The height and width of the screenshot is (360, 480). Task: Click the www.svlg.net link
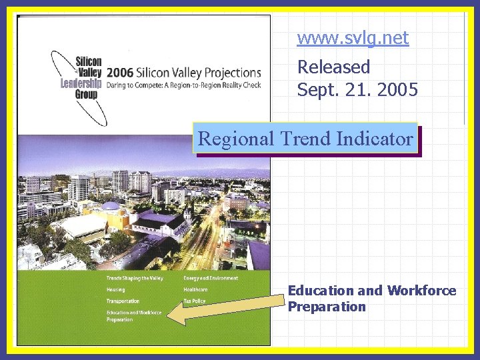(x=353, y=38)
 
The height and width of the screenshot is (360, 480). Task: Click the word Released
(x=333, y=67)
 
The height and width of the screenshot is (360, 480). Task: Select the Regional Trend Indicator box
(x=305, y=139)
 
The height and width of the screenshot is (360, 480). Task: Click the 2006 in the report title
(x=121, y=73)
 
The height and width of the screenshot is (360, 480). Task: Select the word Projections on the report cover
(x=231, y=73)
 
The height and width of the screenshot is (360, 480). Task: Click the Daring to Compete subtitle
(x=183, y=85)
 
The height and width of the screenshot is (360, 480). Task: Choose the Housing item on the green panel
(x=115, y=289)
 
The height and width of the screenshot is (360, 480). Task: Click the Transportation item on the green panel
(x=123, y=301)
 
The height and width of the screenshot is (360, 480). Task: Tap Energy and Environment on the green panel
(x=210, y=277)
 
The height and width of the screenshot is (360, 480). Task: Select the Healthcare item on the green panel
(x=195, y=289)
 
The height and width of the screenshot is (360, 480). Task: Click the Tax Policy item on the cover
(x=194, y=301)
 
